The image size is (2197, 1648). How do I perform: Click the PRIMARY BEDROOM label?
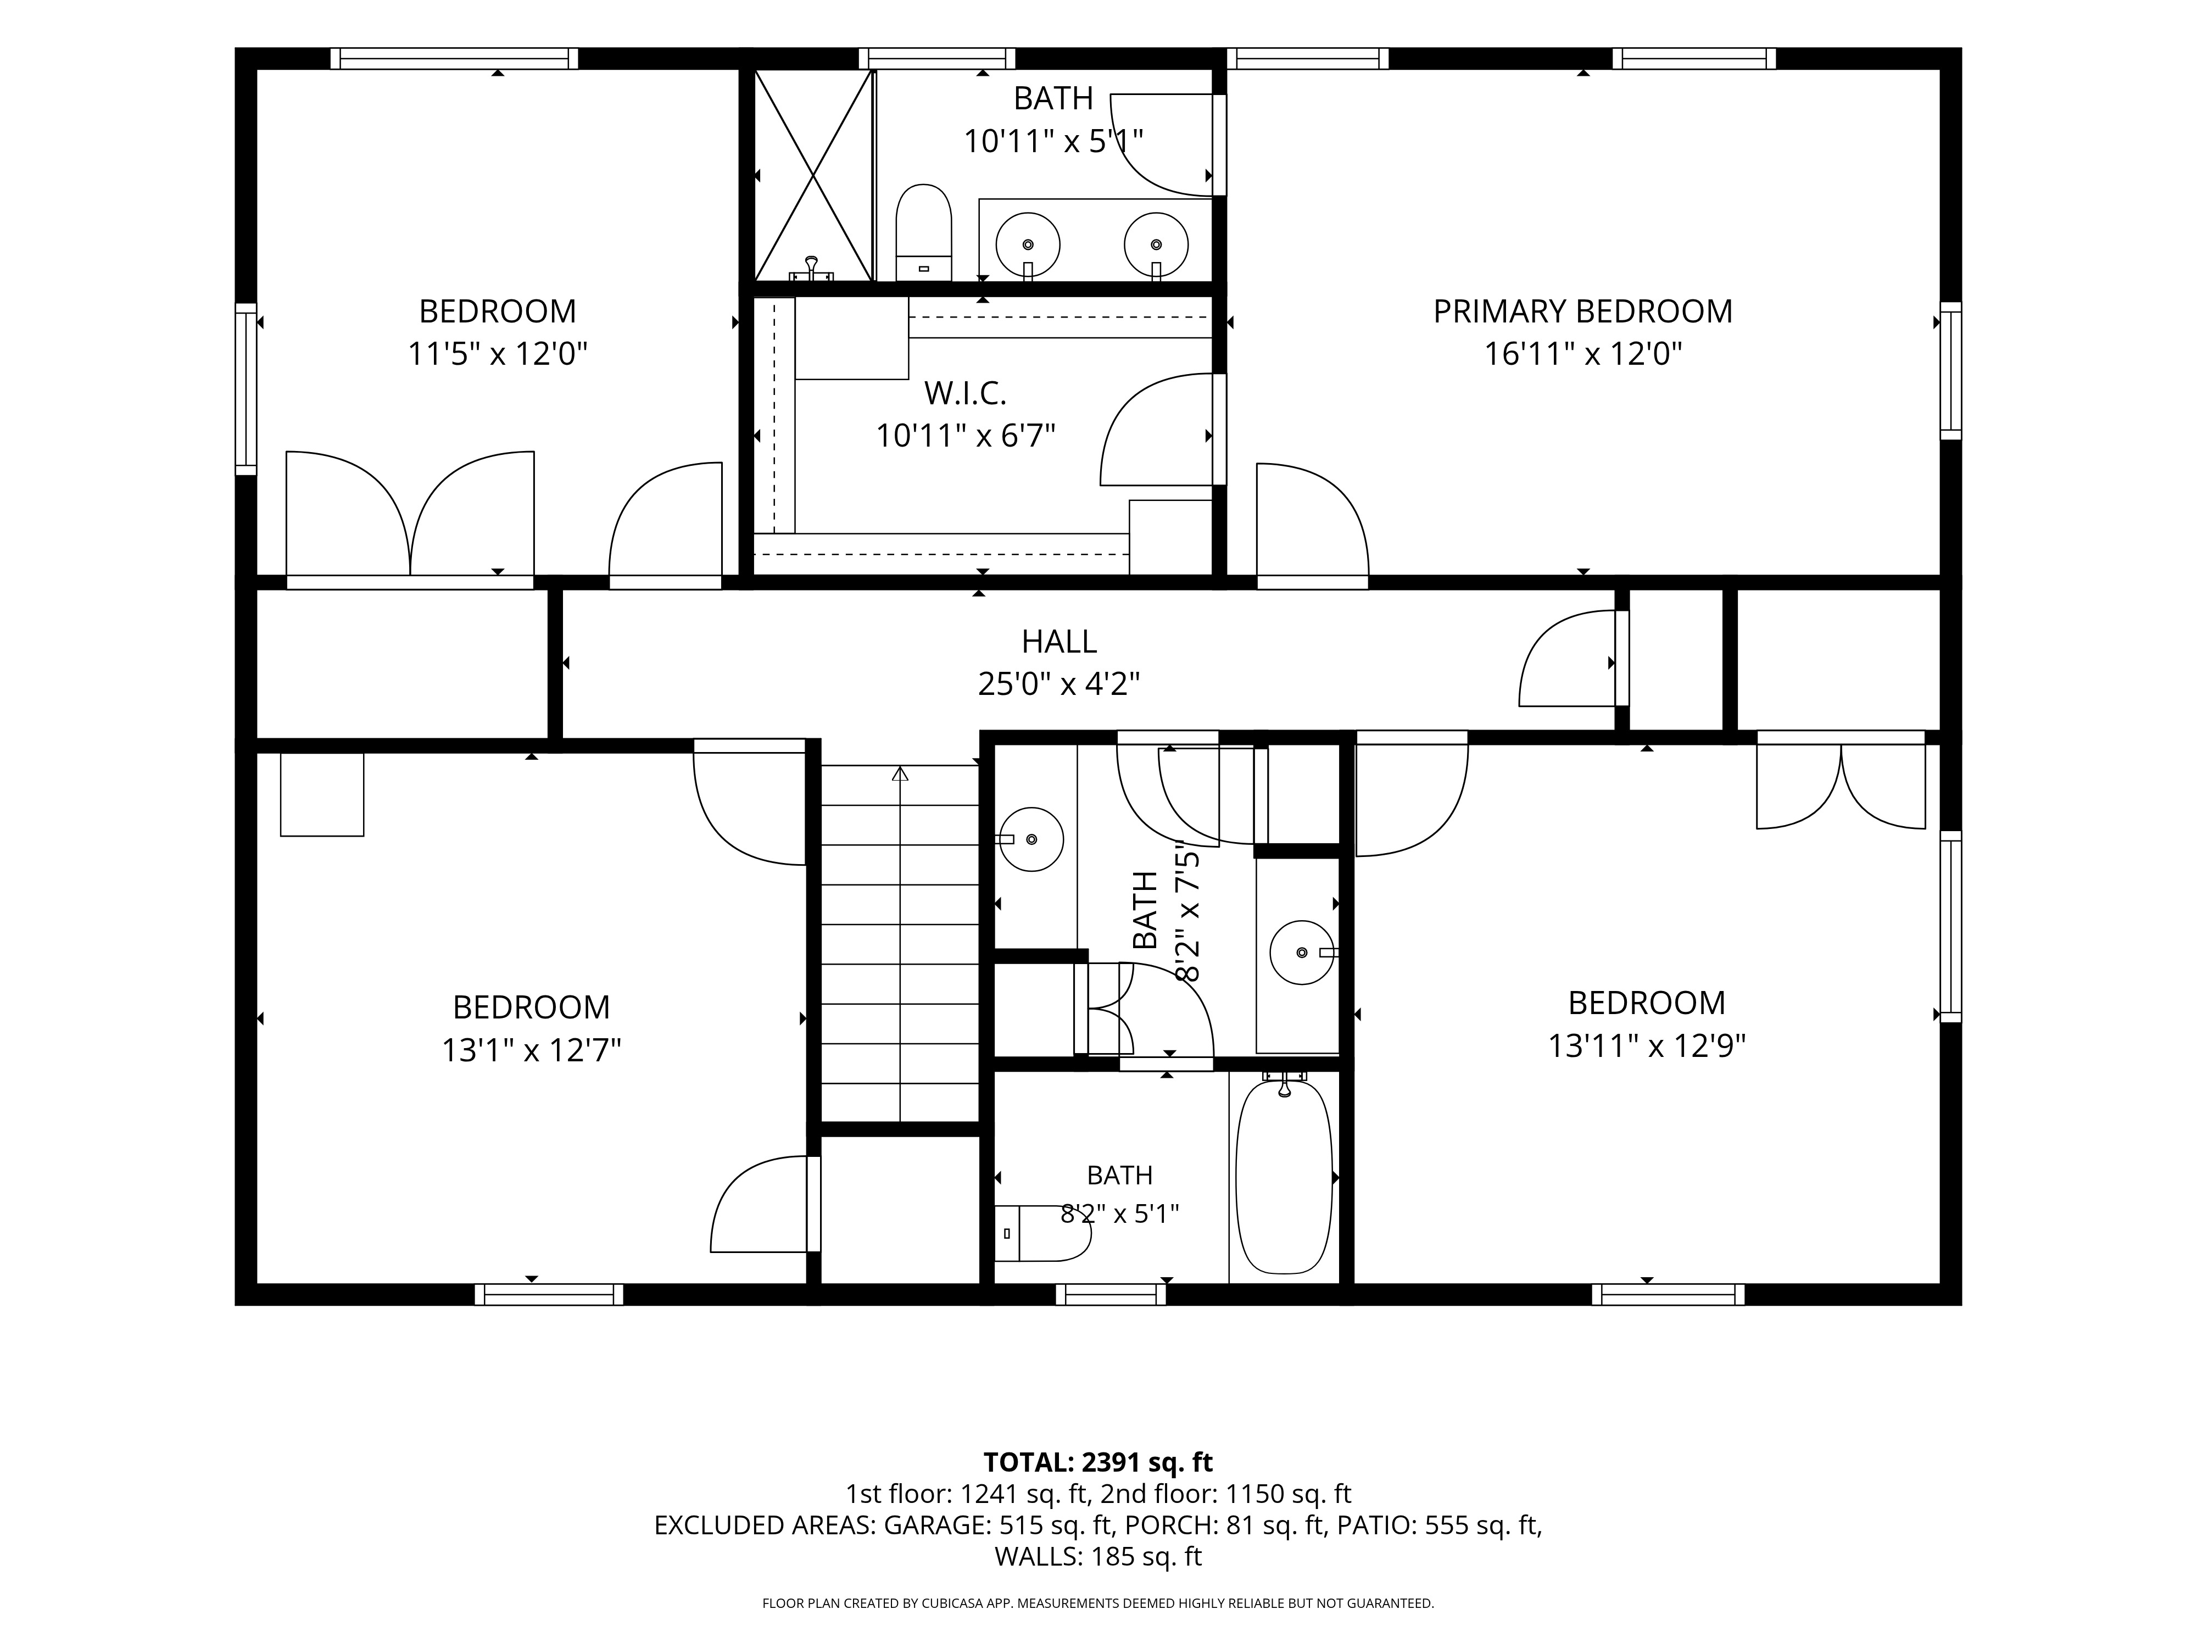click(x=1582, y=312)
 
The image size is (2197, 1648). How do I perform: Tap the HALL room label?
click(x=1059, y=642)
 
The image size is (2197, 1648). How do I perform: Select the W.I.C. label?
click(x=966, y=393)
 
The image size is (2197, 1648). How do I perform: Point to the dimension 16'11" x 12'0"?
click(x=1582, y=354)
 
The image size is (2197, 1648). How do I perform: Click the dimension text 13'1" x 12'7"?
click(x=531, y=1050)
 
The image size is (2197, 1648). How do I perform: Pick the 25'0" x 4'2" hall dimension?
click(x=1059, y=683)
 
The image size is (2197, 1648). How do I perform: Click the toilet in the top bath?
click(x=924, y=233)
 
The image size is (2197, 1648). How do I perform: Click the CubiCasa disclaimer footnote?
click(x=1097, y=1604)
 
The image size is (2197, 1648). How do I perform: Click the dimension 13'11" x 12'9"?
click(x=1647, y=1045)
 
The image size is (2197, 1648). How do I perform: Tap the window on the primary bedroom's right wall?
click(x=1951, y=371)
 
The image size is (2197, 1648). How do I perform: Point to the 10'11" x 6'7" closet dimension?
click(x=966, y=435)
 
